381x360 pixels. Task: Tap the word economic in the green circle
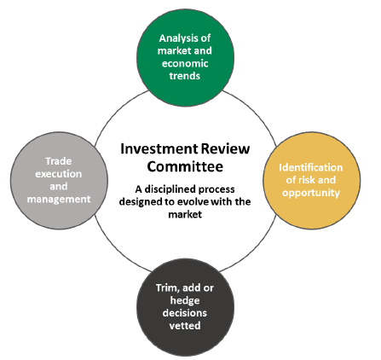185,63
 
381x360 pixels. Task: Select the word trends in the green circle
185,76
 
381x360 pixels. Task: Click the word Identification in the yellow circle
310,167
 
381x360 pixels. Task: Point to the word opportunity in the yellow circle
311,193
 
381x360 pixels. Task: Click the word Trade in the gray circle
59,161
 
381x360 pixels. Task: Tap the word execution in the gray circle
59,174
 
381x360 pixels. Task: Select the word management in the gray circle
59,199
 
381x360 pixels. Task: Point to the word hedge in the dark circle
185,300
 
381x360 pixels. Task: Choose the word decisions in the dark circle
185,313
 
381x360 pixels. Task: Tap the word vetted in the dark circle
185,326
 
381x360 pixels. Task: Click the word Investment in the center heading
159,148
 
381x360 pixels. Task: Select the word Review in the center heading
226,148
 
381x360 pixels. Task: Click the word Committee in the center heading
185,166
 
